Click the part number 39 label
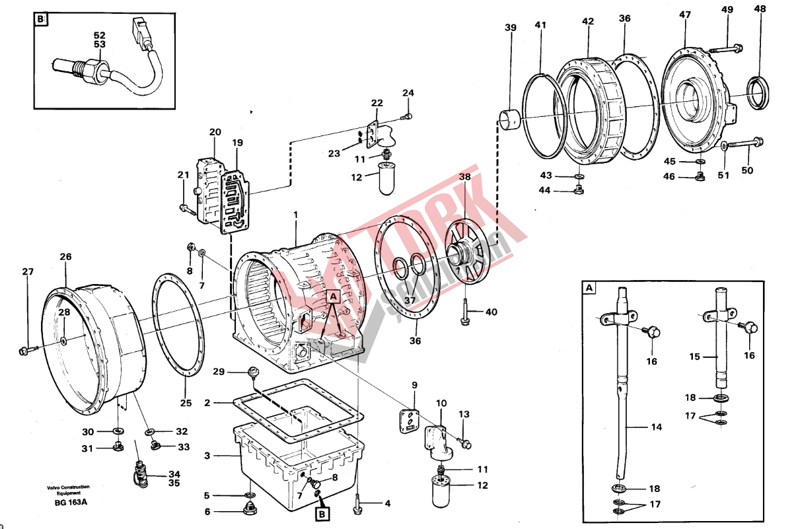point(510,28)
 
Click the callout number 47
point(684,14)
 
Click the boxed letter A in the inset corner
point(589,287)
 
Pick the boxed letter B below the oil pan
point(322,512)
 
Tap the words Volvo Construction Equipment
point(68,489)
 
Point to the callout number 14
point(655,427)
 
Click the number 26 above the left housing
point(65,257)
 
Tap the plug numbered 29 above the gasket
point(252,374)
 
